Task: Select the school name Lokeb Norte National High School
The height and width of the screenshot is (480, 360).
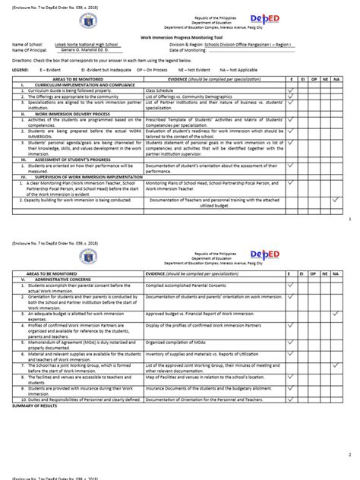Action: (x=81, y=46)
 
